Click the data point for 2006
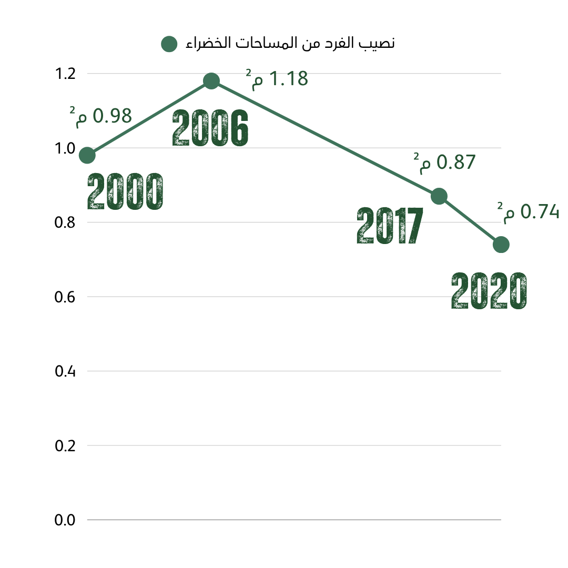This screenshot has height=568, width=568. point(211,81)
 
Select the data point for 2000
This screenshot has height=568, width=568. point(87,155)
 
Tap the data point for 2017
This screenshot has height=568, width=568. point(439,196)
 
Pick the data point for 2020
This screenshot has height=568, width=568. point(501,245)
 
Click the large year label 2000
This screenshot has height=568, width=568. point(125,191)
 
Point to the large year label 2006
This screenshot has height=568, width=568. point(210,128)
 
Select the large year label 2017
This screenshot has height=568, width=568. point(390,225)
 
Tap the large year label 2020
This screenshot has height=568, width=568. point(489,290)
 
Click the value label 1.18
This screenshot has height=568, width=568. point(277,79)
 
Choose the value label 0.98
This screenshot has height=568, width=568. point(100,116)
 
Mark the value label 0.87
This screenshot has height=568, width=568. point(444,163)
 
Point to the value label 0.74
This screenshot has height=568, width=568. point(529,212)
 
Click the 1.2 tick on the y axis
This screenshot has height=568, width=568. point(65,74)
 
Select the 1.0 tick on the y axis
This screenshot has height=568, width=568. point(65,148)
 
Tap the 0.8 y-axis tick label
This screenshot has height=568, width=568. point(65,222)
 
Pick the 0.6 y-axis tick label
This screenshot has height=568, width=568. point(65,297)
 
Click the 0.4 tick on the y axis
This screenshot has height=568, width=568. point(65,371)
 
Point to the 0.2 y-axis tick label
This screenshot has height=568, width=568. point(65,445)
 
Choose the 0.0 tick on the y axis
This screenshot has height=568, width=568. point(65,520)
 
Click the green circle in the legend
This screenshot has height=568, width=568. point(169,44)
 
